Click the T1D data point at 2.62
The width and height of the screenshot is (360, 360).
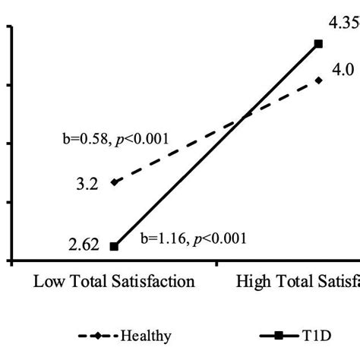click(115, 246)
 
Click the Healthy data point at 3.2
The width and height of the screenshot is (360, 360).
click(115, 182)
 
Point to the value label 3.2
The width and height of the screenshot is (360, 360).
click(87, 183)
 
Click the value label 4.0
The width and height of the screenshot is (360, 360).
click(343, 71)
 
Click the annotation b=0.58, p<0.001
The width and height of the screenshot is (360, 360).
click(115, 139)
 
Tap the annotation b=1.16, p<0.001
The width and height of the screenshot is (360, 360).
click(194, 238)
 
